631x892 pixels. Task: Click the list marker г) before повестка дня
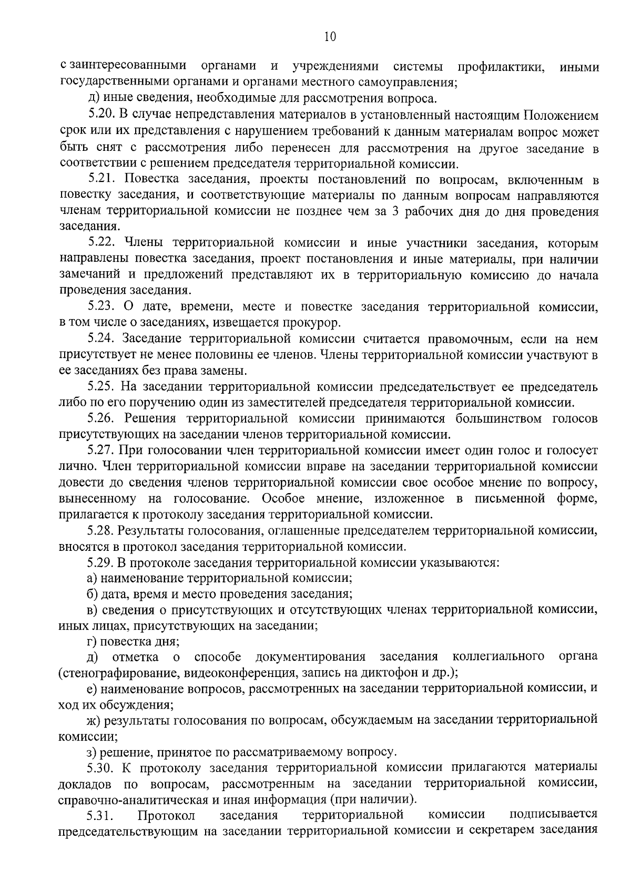(92, 642)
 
